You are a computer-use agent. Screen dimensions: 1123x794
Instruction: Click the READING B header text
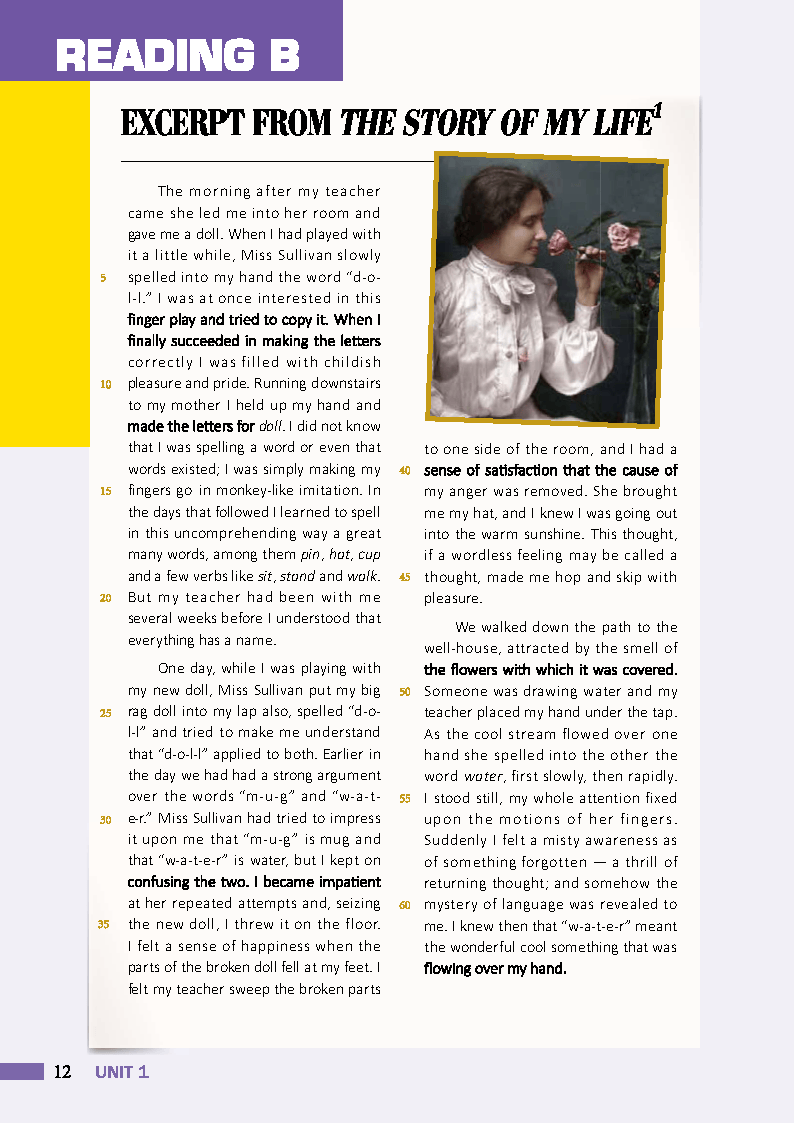coord(178,55)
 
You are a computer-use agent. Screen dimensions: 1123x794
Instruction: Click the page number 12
coord(62,1072)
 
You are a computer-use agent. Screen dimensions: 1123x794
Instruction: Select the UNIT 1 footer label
coord(122,1072)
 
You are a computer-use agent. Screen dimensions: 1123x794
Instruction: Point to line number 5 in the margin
coord(104,277)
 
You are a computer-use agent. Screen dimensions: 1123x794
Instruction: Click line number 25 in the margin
coord(104,713)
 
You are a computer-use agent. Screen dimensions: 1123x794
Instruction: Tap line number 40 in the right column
coord(405,471)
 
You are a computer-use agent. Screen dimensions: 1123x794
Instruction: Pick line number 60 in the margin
coord(405,906)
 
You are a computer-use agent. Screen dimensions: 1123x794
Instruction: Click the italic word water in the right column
coord(481,777)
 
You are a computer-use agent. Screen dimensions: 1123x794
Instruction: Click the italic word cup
coord(369,554)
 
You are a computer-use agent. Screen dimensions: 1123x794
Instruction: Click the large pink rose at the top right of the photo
coord(624,236)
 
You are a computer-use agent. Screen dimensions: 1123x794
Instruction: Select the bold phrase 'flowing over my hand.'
coord(495,968)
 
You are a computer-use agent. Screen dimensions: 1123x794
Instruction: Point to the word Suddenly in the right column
coord(455,841)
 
